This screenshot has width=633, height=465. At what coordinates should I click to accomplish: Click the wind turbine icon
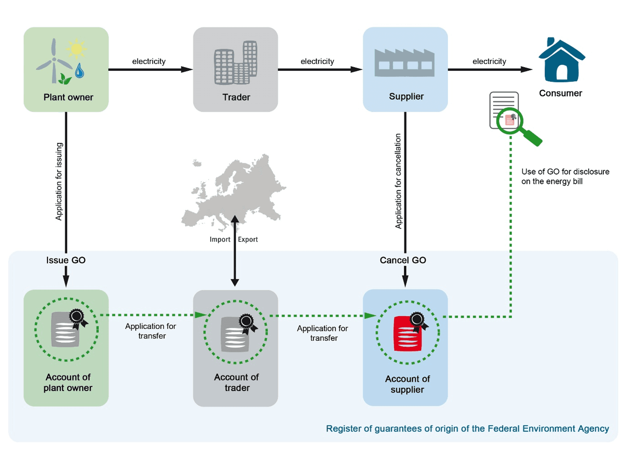[54, 61]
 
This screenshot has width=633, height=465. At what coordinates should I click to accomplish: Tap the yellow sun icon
[76, 49]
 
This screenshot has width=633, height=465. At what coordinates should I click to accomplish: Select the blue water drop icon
[79, 70]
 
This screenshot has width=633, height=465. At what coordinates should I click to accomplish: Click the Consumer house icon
[562, 61]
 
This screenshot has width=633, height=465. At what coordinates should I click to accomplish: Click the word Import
[220, 240]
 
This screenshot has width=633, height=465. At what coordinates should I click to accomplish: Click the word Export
[248, 240]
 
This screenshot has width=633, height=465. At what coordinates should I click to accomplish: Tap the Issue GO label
[66, 260]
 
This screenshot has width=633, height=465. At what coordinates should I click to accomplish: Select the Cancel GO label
[403, 260]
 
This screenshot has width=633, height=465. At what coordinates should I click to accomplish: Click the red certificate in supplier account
[408, 333]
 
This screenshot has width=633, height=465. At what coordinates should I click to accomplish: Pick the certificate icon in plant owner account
[66, 329]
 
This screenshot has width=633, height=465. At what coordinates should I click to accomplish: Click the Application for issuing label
[59, 182]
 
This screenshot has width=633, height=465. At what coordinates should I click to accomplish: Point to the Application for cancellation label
[398, 181]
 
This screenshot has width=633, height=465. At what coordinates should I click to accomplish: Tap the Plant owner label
[68, 97]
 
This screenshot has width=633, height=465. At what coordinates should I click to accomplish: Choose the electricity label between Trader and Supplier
[317, 61]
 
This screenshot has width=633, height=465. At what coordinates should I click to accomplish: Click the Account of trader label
[237, 382]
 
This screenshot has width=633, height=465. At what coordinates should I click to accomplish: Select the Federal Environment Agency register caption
[467, 428]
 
